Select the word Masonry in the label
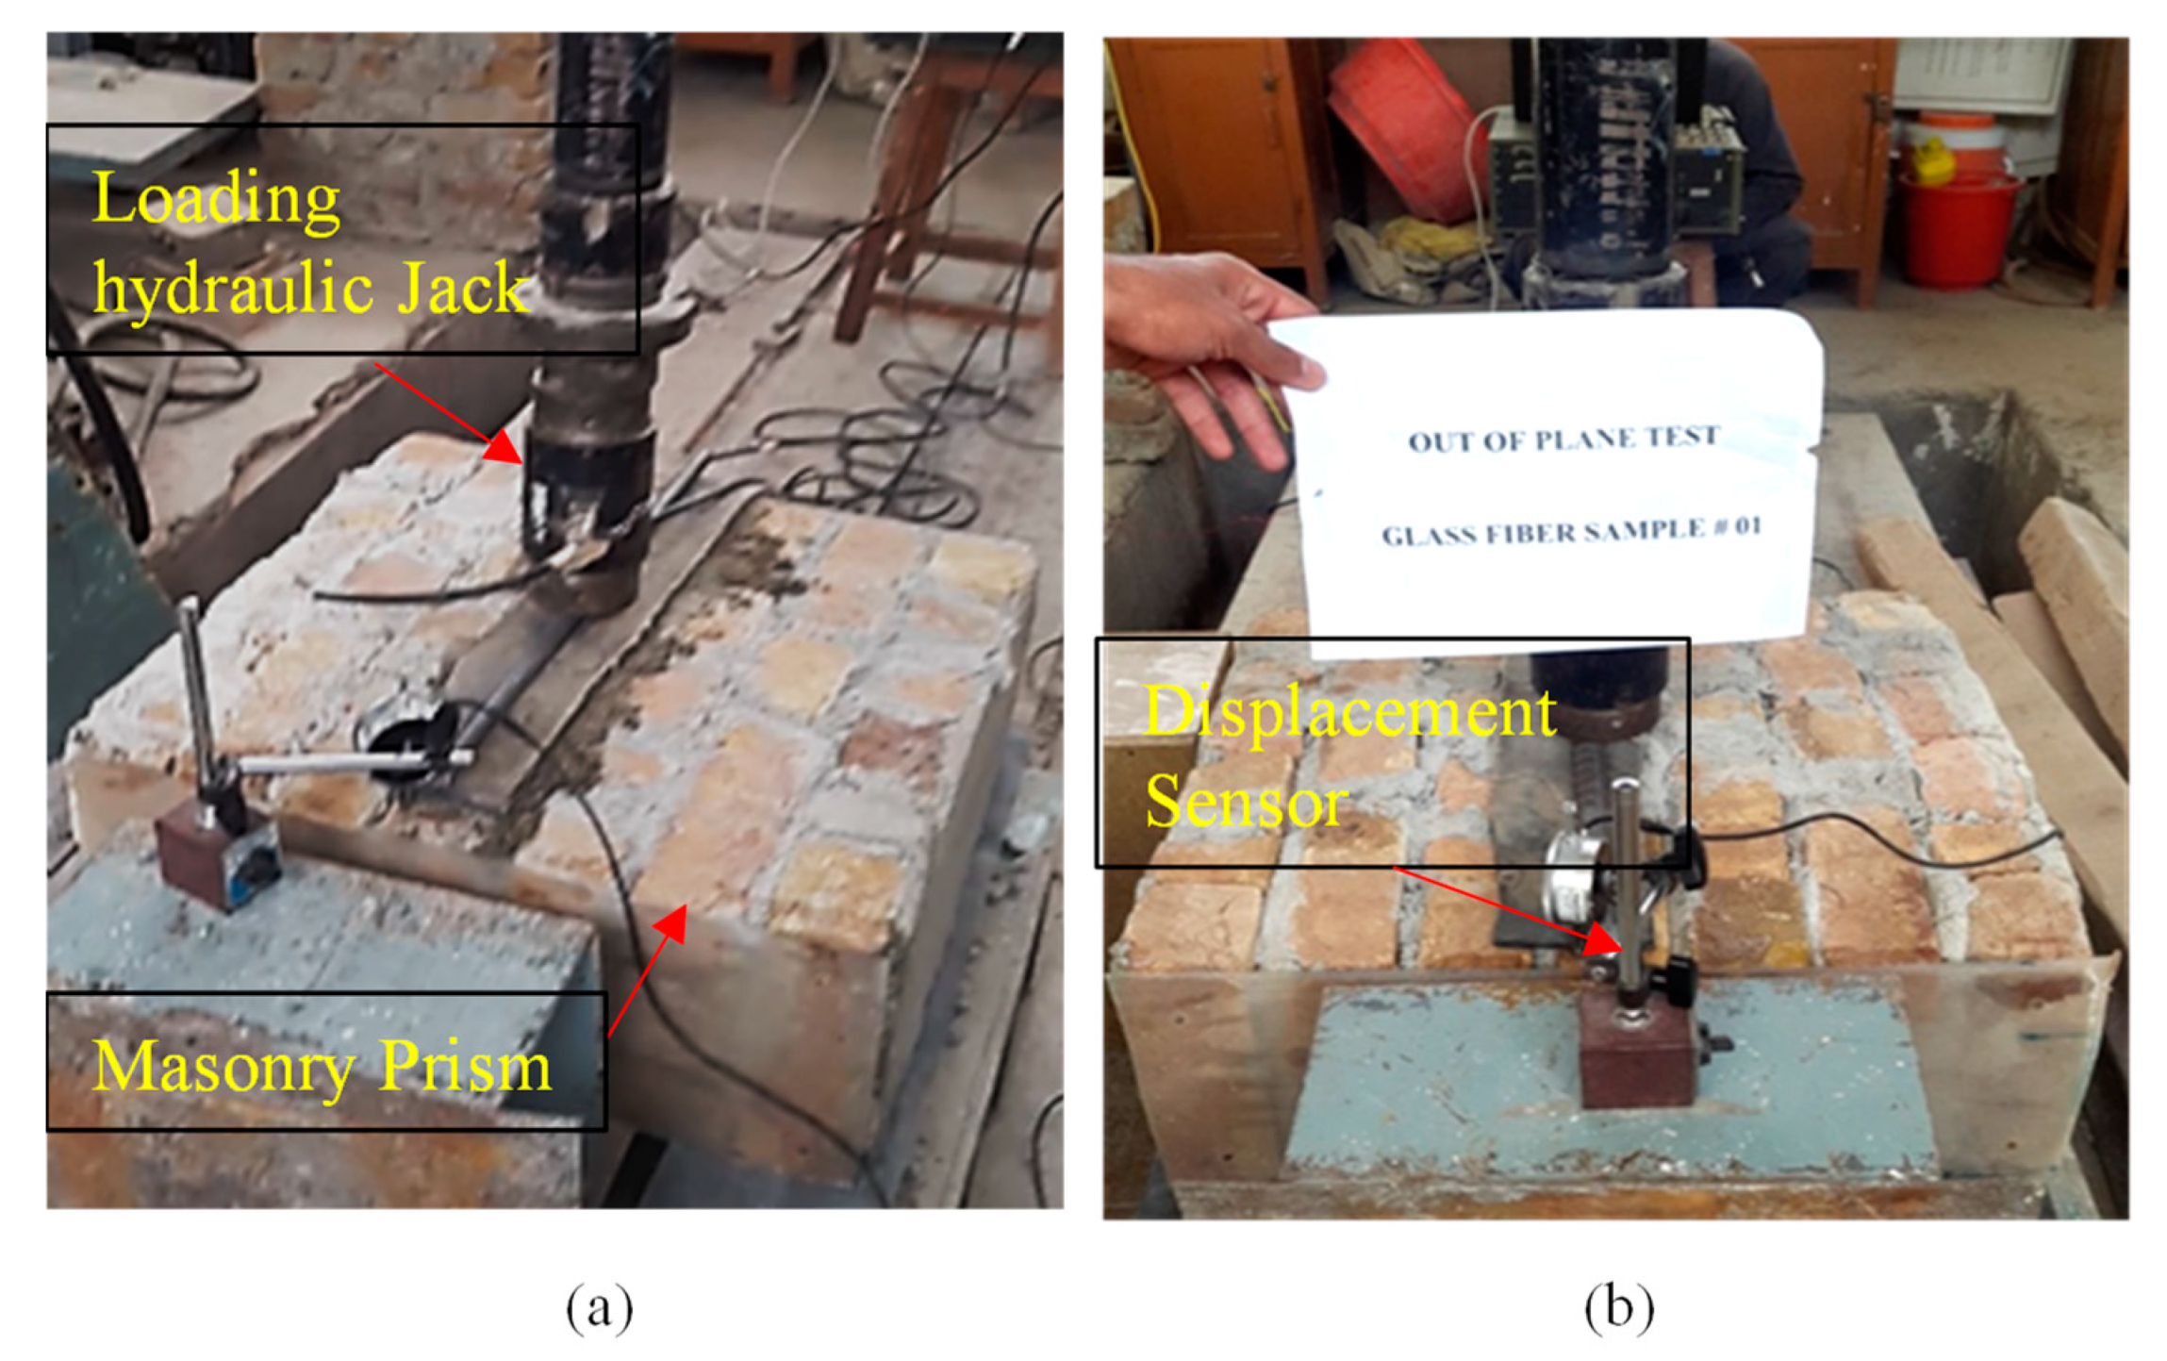point(223,1068)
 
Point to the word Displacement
point(1349,713)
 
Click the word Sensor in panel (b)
point(1246,802)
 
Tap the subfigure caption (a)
point(599,1307)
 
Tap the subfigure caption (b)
point(1619,1307)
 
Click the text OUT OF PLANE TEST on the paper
point(1563,439)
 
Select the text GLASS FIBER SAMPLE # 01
point(1571,532)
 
